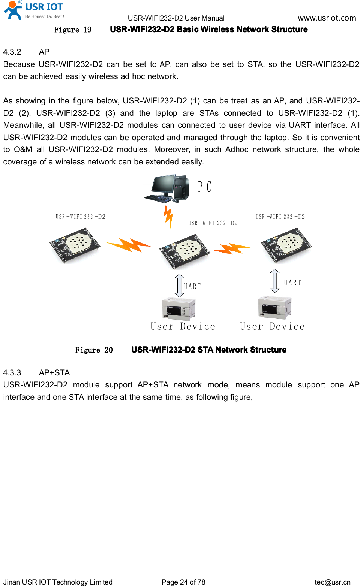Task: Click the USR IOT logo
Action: coord(34,10)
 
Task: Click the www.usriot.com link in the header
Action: coord(327,18)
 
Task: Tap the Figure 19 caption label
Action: coord(73,30)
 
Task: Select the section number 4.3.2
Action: coord(12,52)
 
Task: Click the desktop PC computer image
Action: coord(167,188)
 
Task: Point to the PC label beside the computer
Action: coord(205,187)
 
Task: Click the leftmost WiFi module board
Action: coord(75,246)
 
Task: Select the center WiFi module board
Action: coord(184,251)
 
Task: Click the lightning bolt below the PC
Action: coord(168,216)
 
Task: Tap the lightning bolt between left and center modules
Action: coord(129,245)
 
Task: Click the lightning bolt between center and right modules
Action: coord(233,248)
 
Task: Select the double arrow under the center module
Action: coord(179,285)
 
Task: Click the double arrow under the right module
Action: coord(275,281)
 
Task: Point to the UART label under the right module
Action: coord(292,283)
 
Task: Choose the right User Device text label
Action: coord(272,326)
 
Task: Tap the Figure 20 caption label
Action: coord(94,350)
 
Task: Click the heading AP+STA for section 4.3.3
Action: coord(54,373)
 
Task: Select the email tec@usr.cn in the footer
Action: coord(333,582)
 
